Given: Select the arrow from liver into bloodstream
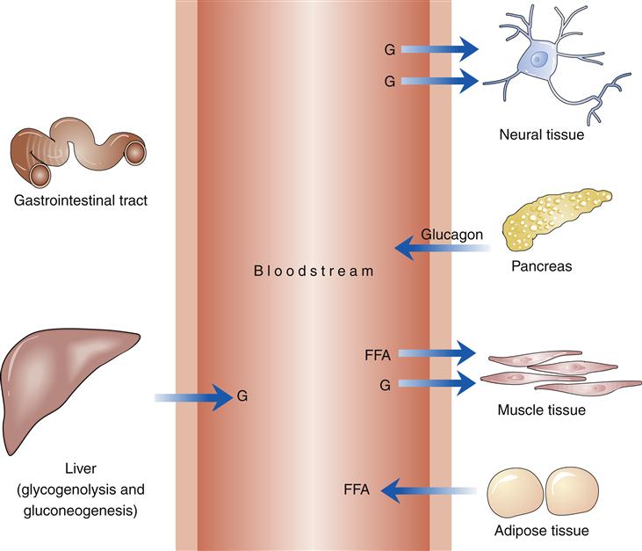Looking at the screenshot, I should click(x=193, y=398).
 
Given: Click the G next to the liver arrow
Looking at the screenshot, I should click(x=243, y=397).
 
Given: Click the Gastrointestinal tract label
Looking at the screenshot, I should click(x=80, y=201).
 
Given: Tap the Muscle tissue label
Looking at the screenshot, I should click(x=541, y=409).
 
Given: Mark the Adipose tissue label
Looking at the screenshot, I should click(x=541, y=530).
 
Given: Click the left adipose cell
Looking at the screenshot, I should click(x=514, y=491).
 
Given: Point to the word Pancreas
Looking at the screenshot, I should click(x=542, y=265).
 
